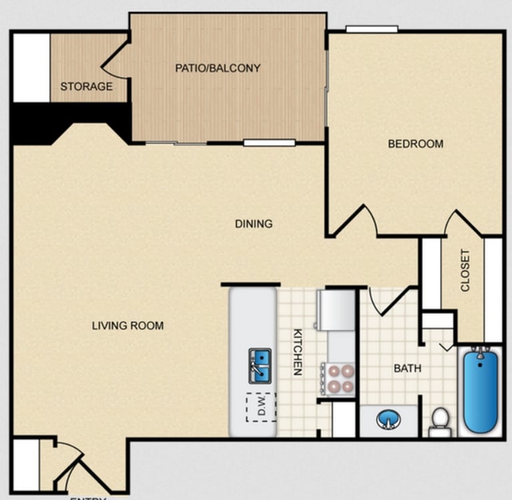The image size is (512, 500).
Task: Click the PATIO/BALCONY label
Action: point(218,68)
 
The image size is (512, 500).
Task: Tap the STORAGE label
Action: point(86,86)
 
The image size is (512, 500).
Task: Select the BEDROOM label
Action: point(416,144)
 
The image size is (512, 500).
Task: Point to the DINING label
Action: point(254,224)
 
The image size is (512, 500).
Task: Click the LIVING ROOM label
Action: point(127,326)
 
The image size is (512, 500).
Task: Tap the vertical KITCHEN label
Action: point(298,351)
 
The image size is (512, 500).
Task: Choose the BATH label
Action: point(407,368)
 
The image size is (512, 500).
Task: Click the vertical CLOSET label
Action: point(465,271)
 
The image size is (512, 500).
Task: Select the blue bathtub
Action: point(481,390)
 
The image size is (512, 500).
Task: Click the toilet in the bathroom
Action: point(439,421)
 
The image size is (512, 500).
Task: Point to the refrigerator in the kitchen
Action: point(336,309)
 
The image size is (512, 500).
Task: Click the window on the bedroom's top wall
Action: point(371,29)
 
